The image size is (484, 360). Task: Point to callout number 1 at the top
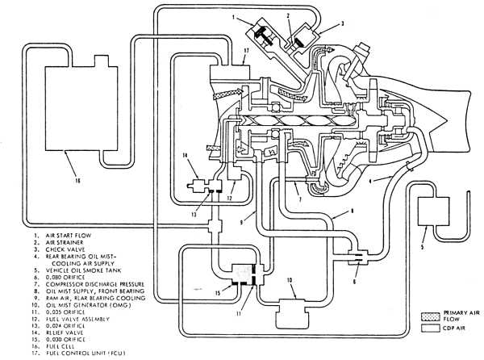pos(231,17)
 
